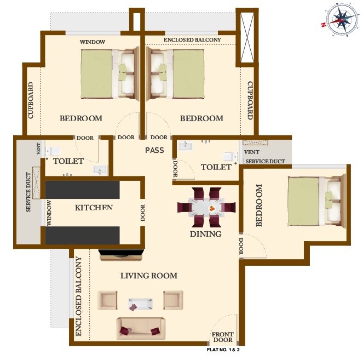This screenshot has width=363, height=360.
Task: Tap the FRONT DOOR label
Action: pyautogui.click(x=223, y=337)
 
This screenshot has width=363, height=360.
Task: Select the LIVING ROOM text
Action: pyautogui.click(x=149, y=276)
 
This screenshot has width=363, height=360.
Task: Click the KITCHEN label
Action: pyautogui.click(x=94, y=207)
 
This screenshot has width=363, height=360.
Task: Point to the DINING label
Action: pyautogui.click(x=205, y=234)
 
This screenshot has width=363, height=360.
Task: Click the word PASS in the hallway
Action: pyautogui.click(x=155, y=150)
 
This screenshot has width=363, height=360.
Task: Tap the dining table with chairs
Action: pyautogui.click(x=206, y=208)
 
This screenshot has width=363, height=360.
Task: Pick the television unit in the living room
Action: pyautogui.click(x=121, y=253)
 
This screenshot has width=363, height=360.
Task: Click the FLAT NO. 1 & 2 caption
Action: pyautogui.click(x=223, y=349)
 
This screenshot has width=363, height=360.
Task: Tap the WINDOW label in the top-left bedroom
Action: pyautogui.click(x=93, y=42)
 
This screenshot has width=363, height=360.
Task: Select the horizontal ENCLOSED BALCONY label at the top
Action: pyautogui.click(x=192, y=39)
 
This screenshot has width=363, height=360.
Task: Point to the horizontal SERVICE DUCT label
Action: pyautogui.click(x=265, y=162)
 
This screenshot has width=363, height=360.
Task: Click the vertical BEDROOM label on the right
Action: pyautogui.click(x=259, y=205)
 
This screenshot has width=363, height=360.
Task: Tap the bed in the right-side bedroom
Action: pyautogui.click(x=315, y=201)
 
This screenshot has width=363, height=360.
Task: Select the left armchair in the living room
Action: pyautogui.click(x=107, y=300)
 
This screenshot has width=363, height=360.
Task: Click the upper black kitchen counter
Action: pyautogui.click(x=82, y=190)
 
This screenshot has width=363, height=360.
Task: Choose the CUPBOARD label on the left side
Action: pyautogui.click(x=31, y=101)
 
